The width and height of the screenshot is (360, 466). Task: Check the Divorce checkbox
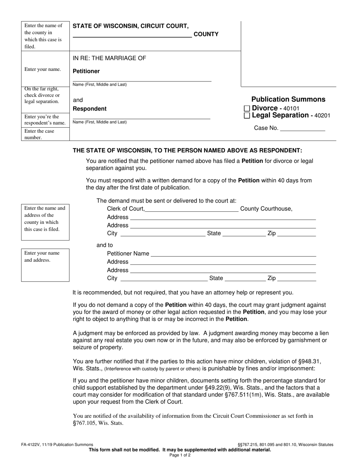[x=247, y=109]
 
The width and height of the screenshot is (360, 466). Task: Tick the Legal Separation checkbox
[x=247, y=116]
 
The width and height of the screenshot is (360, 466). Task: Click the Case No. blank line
[x=302, y=129]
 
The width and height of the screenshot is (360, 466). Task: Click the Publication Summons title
[x=288, y=99]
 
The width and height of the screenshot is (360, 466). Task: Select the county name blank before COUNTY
[x=132, y=35]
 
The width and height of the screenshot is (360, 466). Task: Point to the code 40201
[x=321, y=116]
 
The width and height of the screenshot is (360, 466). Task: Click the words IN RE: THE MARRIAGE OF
[x=109, y=58]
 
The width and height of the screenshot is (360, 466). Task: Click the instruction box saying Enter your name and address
[x=45, y=256]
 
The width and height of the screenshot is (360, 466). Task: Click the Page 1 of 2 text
[x=180, y=455]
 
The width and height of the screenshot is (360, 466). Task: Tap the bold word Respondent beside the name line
[x=89, y=109]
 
